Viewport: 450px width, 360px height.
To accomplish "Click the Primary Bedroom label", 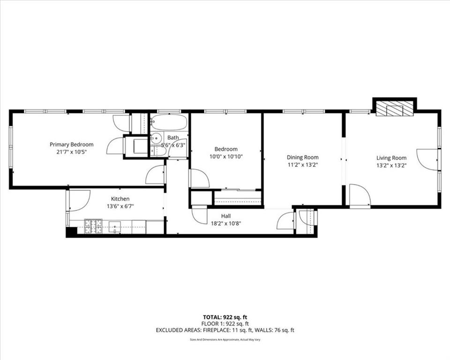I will (x=71, y=144).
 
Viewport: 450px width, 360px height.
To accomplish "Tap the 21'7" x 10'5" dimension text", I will (x=71, y=152).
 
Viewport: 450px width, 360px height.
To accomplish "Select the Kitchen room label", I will (x=120, y=199).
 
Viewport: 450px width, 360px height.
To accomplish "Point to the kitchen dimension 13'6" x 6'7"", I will (x=120, y=206).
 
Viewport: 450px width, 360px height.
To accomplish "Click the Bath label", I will (x=173, y=138).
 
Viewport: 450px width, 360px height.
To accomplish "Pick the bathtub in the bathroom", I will (x=169, y=123).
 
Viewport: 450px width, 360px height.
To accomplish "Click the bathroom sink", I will (x=157, y=138).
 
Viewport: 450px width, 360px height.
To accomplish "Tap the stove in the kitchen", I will (x=93, y=226).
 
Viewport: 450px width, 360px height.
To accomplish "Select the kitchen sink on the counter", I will (x=115, y=227).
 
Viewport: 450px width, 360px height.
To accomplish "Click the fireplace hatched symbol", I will (x=394, y=109).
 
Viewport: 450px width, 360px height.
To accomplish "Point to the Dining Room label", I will (x=302, y=157).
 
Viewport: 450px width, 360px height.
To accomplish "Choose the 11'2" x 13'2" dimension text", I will (x=302, y=165).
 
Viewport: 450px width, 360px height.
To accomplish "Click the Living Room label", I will (x=391, y=158).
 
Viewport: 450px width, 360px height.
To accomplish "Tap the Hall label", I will (x=226, y=216).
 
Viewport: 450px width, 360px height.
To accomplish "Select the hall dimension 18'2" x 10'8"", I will (x=226, y=223).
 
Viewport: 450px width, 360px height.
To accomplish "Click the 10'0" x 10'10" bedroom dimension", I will (x=226, y=157).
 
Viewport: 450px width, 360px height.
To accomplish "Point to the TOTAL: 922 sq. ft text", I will (x=225, y=316).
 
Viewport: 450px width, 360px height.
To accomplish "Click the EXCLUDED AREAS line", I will (x=225, y=330).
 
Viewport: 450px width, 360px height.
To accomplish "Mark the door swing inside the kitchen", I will (x=79, y=199).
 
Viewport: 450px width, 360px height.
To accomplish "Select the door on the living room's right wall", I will (x=427, y=159).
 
